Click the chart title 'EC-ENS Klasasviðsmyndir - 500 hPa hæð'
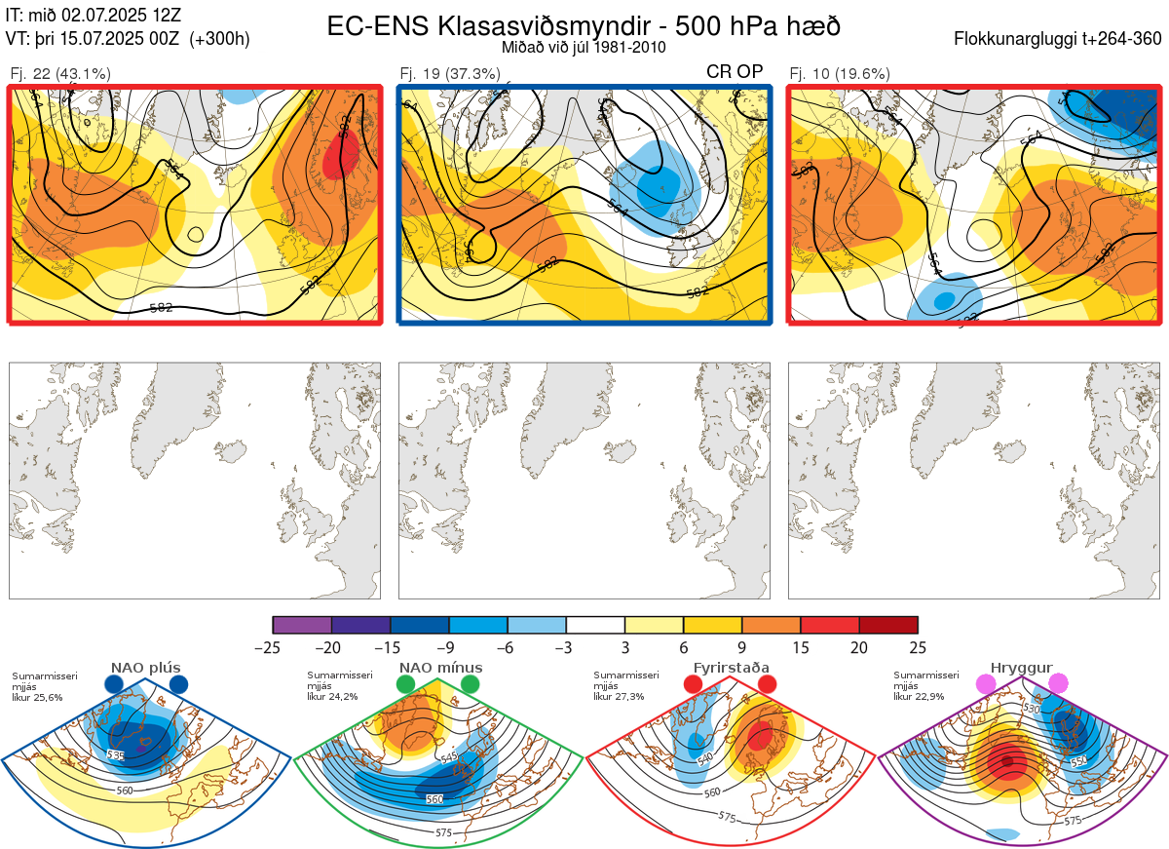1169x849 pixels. coord(584,25)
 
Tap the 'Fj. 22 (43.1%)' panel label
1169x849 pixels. coord(60,73)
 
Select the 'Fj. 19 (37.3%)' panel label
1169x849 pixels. coord(450,73)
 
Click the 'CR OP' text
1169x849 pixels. coord(735,71)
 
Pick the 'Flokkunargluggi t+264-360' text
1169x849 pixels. coord(1059,39)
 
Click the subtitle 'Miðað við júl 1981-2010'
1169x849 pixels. coord(584,47)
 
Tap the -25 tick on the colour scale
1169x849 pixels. coord(273,647)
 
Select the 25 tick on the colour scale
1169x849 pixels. coord(918,647)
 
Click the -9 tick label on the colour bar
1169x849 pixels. coord(449,647)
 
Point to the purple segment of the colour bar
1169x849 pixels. coord(302,625)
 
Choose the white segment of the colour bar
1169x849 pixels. coord(595,625)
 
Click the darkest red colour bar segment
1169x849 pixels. coord(888,625)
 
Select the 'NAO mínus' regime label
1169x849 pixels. coord(440,668)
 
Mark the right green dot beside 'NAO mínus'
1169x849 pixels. coord(471,684)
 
